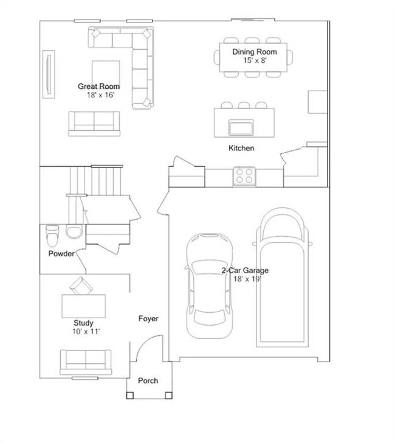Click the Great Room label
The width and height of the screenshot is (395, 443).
[x=98, y=86]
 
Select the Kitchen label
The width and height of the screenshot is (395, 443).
[x=241, y=148]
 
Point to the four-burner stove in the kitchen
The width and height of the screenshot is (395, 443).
[x=244, y=176]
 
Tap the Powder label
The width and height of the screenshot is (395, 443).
[x=61, y=253]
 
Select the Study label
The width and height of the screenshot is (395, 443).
[x=83, y=323]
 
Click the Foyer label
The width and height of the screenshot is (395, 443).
[x=148, y=318]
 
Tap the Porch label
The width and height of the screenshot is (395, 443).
[x=148, y=380]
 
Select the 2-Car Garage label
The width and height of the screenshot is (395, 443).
[x=246, y=270]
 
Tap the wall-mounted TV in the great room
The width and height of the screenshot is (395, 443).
[x=48, y=73]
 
